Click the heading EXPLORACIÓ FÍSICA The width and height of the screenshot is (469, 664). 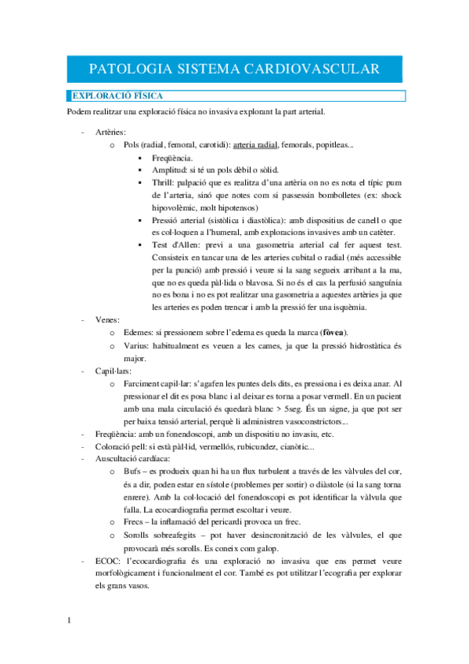[x=117, y=96]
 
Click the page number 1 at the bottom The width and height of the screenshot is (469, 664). [x=70, y=621]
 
